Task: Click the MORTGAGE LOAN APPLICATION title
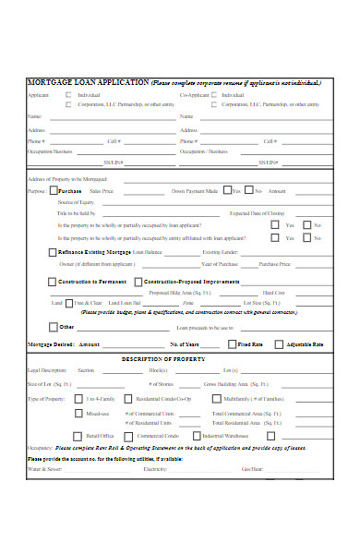pyautogui.click(x=88, y=82)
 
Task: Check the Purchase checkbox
pyautogui.click(x=53, y=191)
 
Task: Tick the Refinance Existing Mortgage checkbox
pyautogui.click(x=52, y=252)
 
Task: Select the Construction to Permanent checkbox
pyautogui.click(x=52, y=282)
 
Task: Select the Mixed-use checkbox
pyautogui.click(x=78, y=414)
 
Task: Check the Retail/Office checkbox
pyautogui.click(x=78, y=435)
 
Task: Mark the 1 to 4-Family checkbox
pyautogui.click(x=78, y=399)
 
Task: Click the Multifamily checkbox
pyautogui.click(x=217, y=399)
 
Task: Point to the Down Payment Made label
pyautogui.click(x=195, y=191)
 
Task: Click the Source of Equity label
pyautogui.click(x=77, y=201)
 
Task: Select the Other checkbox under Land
pyautogui.click(x=52, y=326)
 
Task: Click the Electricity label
pyautogui.click(x=155, y=469)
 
